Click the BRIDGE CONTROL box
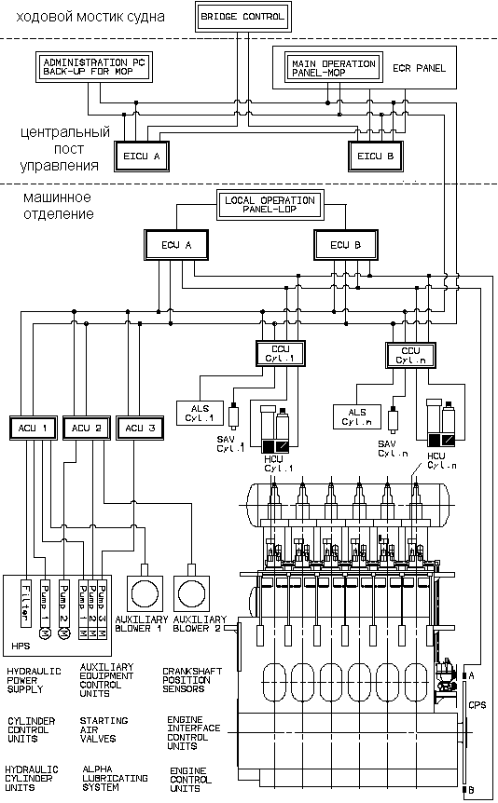tap(243, 17)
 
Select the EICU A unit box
tap(142, 156)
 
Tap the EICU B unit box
tap(376, 156)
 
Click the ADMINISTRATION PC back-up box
tap(94, 66)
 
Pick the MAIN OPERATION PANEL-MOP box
tap(333, 68)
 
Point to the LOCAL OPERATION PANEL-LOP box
tap(270, 205)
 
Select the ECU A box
tap(176, 245)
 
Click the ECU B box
tap(346, 245)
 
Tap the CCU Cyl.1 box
tap(281, 353)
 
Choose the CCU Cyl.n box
tap(411, 356)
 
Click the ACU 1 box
tap(33, 429)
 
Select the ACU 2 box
tap(87, 429)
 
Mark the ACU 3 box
tap(140, 429)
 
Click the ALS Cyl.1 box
tap(200, 414)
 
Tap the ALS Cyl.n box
tap(357, 416)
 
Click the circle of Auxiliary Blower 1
tap(145, 594)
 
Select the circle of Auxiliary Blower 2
tap(192, 594)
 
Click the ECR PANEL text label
tap(419, 68)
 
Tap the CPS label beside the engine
tap(477, 705)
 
